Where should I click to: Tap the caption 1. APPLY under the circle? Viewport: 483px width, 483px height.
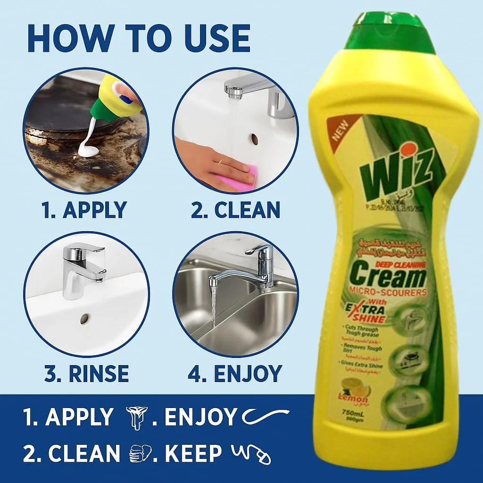pyautogui.click(x=84, y=210)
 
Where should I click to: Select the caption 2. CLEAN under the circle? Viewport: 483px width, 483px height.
pyautogui.click(x=235, y=210)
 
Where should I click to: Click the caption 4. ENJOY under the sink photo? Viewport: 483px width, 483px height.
pyautogui.click(x=234, y=374)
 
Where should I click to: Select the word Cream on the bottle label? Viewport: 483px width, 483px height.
pyautogui.click(x=389, y=277)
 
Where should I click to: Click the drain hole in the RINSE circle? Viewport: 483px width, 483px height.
pyautogui.click(x=84, y=319)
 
